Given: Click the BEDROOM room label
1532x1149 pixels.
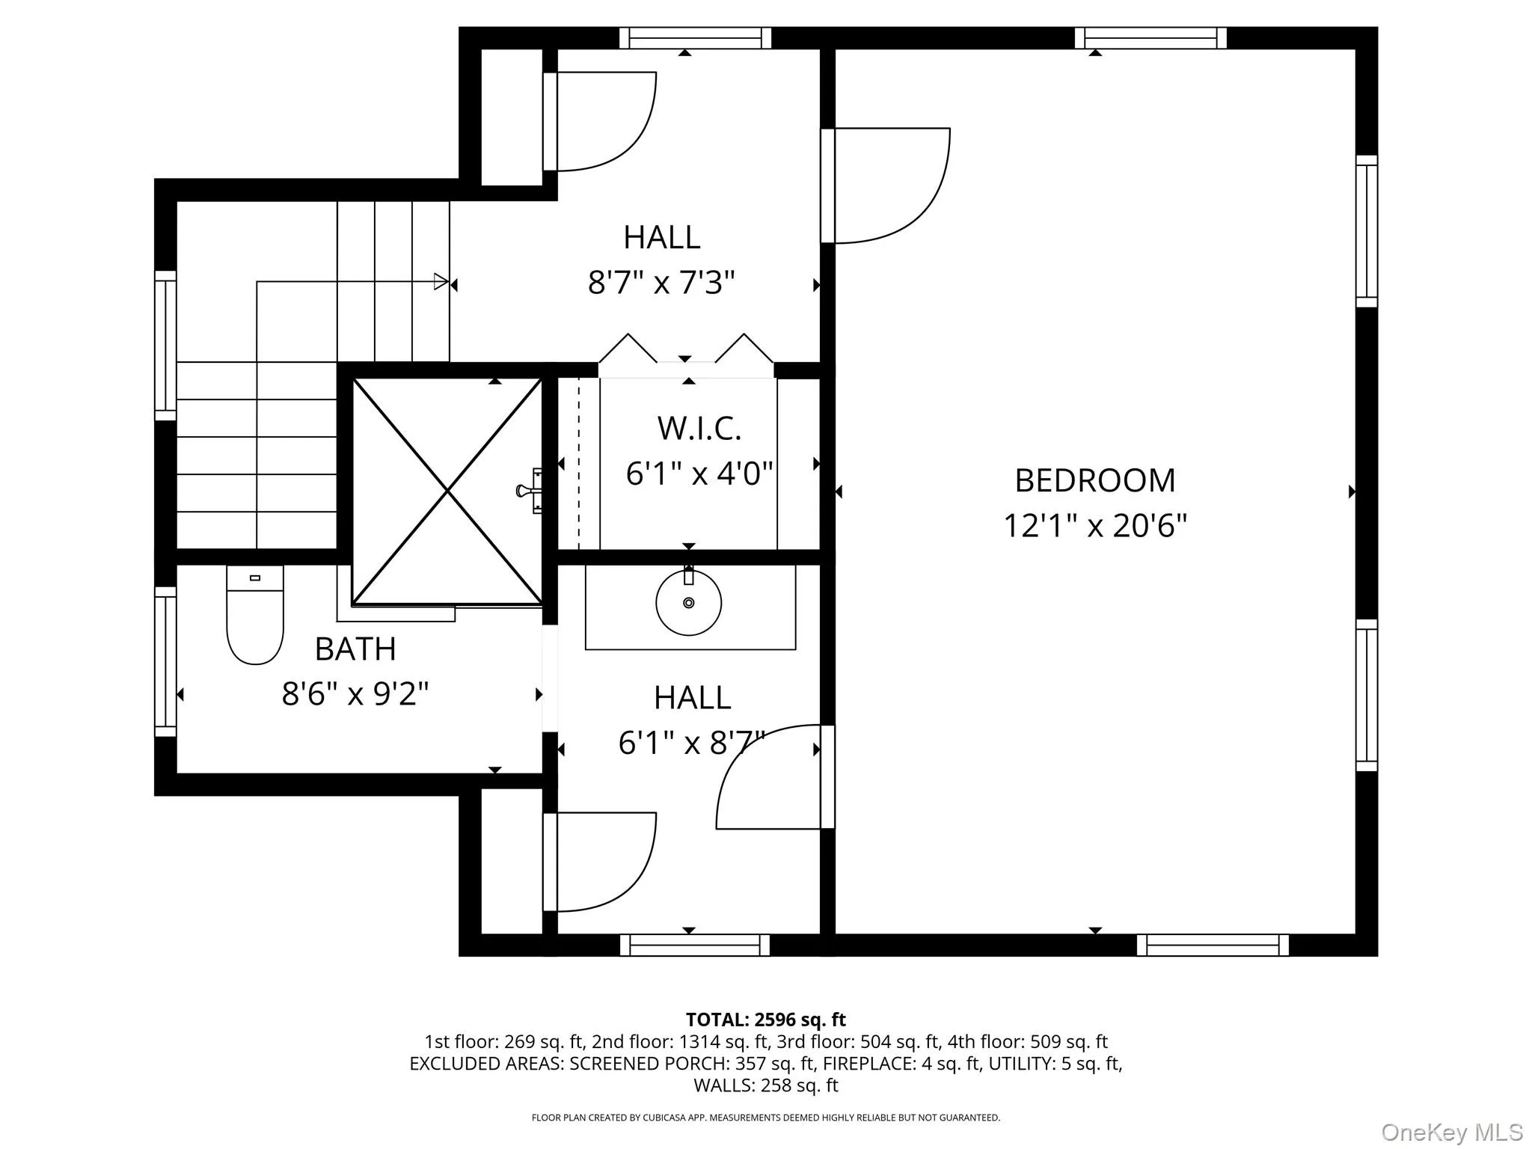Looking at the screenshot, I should pos(1094,480).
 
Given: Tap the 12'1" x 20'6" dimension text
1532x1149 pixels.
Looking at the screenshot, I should pos(1094,526).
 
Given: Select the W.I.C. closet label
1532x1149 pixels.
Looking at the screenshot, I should pos(699,429).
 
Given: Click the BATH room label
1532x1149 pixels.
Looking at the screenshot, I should pos(355,649).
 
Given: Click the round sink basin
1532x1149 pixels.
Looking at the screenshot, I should pos(688,603).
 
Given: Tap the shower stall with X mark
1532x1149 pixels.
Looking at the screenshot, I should pos(447,491).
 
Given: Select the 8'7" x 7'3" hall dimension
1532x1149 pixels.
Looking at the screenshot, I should pos(661,284).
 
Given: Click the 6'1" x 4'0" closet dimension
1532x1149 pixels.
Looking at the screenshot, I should pos(699,474).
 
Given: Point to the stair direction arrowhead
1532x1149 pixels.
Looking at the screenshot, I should pos(441,282).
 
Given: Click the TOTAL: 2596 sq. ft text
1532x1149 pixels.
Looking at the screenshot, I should pos(765,1020).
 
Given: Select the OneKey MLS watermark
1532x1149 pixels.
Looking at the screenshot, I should pos(1451,1132).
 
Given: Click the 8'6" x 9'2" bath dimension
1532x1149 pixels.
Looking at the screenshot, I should pos(355,694).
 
